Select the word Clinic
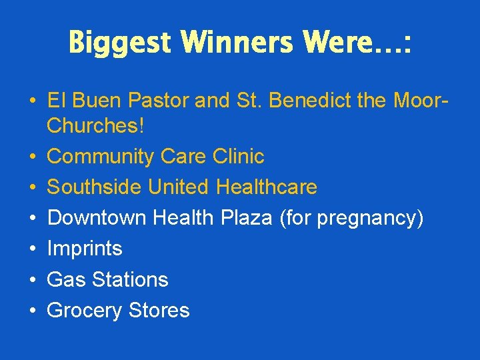pyautogui.click(x=238, y=157)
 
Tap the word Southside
pyautogui.click(x=95, y=187)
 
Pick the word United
pyautogui.click(x=179, y=187)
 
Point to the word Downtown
pyautogui.click(x=97, y=218)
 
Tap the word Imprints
pyautogui.click(x=85, y=249)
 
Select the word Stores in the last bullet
pyautogui.click(x=160, y=311)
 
